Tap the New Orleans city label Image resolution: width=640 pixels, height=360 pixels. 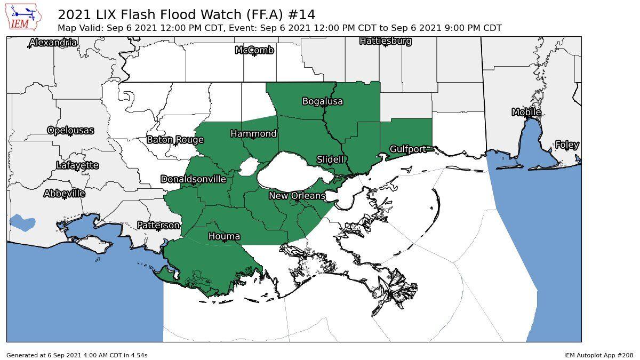297,196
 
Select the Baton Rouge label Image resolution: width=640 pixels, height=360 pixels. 175,140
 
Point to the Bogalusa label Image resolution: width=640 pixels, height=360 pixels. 322,101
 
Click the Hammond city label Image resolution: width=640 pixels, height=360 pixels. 253,133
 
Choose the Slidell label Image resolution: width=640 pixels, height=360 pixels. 330,159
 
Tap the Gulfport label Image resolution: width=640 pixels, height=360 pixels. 407,149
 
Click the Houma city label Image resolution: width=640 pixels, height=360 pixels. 224,236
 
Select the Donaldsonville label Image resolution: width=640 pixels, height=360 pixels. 194,179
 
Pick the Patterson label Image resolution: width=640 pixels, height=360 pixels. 158,226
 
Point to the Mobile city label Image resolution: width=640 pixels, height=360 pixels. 526,112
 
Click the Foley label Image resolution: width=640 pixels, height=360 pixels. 567,145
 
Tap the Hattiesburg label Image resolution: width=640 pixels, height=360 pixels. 385,41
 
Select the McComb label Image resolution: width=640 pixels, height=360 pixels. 254,50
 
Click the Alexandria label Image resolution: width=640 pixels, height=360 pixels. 53,43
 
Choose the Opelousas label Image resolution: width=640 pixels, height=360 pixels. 70,130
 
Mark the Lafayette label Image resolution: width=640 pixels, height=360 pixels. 77,165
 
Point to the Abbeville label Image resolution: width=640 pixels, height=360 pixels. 64,194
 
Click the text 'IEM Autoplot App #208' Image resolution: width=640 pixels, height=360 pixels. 599,355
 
